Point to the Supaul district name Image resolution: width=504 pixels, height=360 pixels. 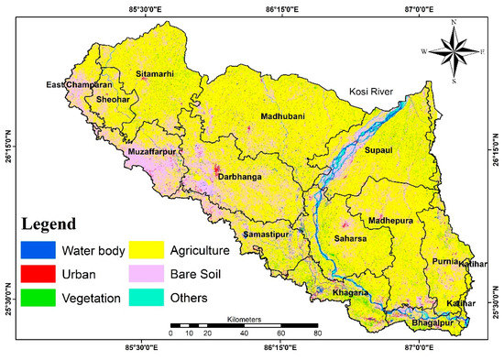382,150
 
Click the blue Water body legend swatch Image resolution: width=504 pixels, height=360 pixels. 37,249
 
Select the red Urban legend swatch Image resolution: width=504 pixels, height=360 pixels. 37,273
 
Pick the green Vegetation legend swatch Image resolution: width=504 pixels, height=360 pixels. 37,297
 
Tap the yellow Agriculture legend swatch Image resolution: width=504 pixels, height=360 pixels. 151,249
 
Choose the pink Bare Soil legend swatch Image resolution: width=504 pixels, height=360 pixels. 151,273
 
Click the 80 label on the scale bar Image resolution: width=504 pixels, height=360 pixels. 318,335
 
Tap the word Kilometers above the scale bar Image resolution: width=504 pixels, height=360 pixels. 243,319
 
